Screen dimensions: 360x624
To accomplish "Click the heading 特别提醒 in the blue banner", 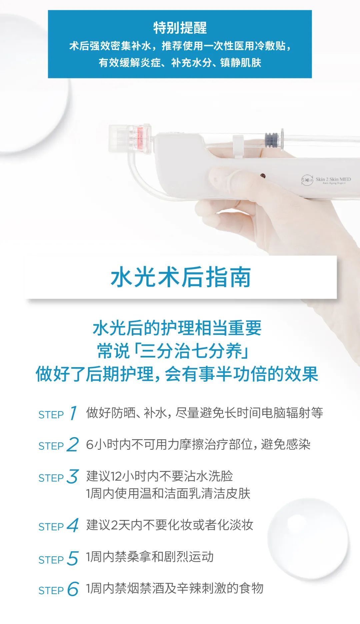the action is click(180, 28).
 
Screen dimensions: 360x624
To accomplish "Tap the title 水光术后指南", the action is click(181, 277).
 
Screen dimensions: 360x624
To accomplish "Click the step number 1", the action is click(74, 413).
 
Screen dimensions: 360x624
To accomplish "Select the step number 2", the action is click(73, 444).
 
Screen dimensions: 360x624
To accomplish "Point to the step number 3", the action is click(73, 476).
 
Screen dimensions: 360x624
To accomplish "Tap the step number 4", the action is click(73, 525).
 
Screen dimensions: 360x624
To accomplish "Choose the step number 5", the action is click(73, 558).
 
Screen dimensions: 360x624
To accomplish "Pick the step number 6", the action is click(73, 589).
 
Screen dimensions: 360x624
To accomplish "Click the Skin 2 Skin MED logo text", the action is click(333, 180).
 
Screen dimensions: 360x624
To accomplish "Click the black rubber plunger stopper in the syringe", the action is click(271, 140).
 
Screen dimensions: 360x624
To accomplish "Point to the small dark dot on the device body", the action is click(263, 175).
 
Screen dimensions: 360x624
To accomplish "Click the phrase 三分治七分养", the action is click(191, 351).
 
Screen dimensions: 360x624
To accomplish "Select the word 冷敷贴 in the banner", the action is click(269, 46).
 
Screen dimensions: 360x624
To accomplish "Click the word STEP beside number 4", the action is click(51, 527).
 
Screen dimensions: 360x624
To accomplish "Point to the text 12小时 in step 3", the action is click(121, 476).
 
